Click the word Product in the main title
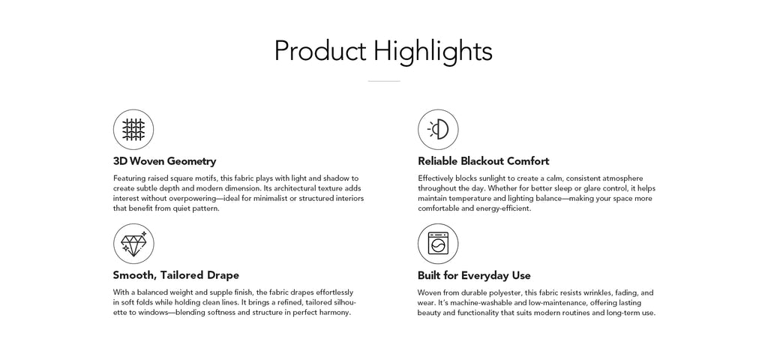coord(319,51)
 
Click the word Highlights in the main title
coord(433,51)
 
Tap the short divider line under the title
coord(384,81)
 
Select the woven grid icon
coord(133,130)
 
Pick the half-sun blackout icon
coord(438,130)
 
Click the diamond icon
coord(133,244)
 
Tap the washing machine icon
coord(438,244)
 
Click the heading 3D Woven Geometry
coord(164,161)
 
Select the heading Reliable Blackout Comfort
coord(484,161)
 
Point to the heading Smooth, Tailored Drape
coord(175,275)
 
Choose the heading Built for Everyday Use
coord(474,275)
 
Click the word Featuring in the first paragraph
coord(129,178)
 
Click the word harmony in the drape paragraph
coord(337,313)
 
